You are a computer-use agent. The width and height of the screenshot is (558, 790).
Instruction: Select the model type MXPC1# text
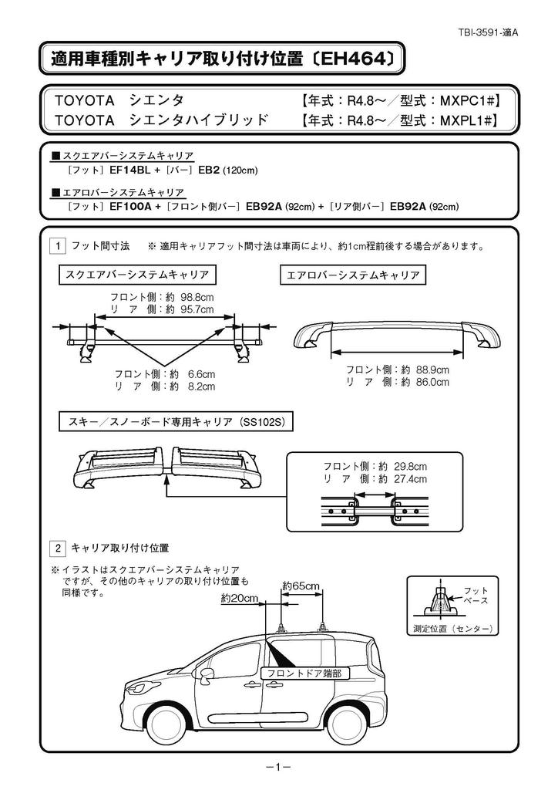tap(466, 100)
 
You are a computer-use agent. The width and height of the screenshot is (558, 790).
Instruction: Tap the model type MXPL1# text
tap(466, 120)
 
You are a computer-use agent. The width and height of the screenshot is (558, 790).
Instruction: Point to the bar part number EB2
tap(209, 169)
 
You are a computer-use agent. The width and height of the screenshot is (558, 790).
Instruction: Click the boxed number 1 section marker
tap(57, 247)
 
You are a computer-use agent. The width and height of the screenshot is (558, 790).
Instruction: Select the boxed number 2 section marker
tap(57, 549)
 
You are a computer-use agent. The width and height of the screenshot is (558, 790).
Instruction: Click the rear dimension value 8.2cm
tap(201, 387)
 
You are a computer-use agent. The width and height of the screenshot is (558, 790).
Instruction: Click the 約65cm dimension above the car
tap(301, 586)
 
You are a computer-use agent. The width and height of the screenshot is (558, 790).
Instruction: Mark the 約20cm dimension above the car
tap(240, 599)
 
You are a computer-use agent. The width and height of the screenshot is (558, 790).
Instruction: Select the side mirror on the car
tap(207, 675)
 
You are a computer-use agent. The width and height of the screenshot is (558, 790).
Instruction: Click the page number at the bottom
tap(277, 767)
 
